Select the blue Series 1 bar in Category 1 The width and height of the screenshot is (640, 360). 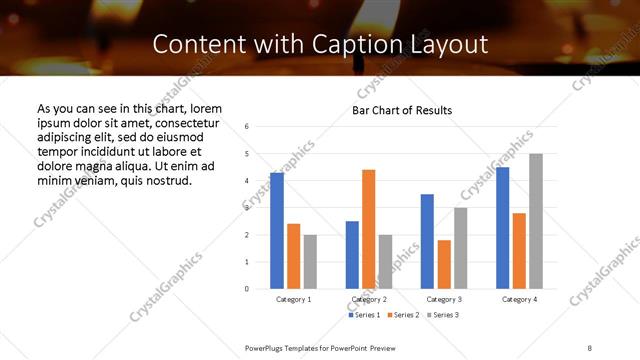(x=277, y=231)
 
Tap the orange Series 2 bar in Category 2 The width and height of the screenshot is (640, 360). (x=368, y=229)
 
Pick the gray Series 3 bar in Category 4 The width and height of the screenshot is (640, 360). (x=535, y=221)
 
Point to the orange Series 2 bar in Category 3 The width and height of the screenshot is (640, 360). (x=444, y=264)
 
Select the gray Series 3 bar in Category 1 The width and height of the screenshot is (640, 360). (x=310, y=261)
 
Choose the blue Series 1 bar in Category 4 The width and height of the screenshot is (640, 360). (x=502, y=228)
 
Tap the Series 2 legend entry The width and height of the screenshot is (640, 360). (x=404, y=315)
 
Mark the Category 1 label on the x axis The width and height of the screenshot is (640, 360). (x=293, y=299)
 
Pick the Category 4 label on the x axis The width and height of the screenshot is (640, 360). (x=518, y=299)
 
